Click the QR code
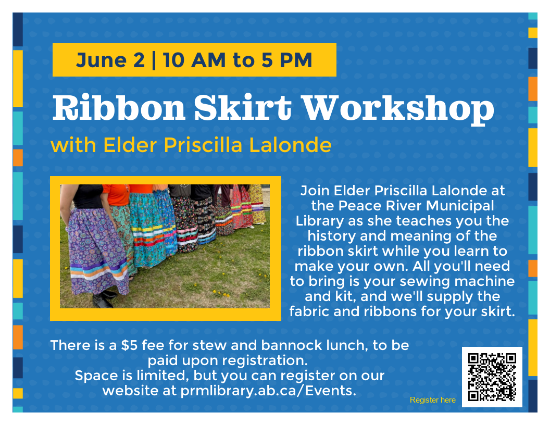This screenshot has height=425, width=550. [492, 377]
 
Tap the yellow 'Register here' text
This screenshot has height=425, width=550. [432, 400]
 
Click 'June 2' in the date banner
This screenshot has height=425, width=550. [110, 60]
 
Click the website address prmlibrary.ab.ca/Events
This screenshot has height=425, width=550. [268, 390]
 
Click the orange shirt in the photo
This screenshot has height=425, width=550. [115, 195]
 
